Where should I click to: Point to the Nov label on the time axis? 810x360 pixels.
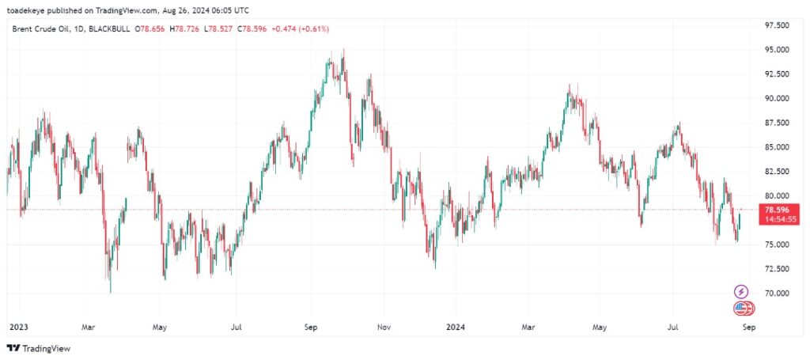pyautogui.click(x=383, y=325)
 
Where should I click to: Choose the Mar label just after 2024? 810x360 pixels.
pyautogui.click(x=528, y=325)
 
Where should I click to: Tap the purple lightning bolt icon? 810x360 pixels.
pyautogui.click(x=742, y=291)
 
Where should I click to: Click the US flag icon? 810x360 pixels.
pyautogui.click(x=740, y=309)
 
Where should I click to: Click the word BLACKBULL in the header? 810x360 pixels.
pyautogui.click(x=109, y=28)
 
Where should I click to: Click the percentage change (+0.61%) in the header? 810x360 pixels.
pyautogui.click(x=312, y=28)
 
